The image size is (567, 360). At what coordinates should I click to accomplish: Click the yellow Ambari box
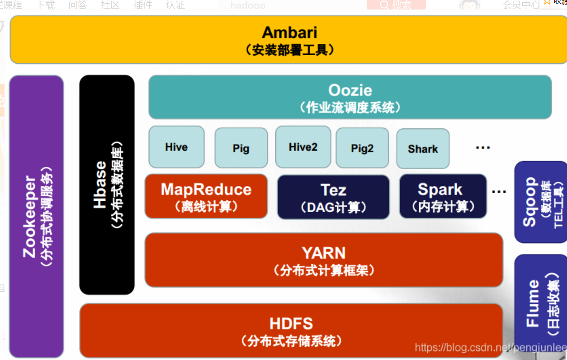289,40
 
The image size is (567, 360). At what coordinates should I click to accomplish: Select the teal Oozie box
350,97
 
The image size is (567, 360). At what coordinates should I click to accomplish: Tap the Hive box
176,147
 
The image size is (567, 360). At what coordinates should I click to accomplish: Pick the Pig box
241,148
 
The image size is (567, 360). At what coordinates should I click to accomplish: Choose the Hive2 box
303,147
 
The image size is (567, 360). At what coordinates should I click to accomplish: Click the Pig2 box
362,148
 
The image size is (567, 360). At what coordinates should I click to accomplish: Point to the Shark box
423,149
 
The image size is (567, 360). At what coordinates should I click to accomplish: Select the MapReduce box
206,196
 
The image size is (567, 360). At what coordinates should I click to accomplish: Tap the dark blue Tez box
333,197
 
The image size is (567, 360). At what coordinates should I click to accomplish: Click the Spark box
443,196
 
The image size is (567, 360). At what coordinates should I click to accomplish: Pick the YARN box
324,260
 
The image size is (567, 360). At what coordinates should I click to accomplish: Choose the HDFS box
291,331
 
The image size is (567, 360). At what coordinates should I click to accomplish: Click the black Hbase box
107,185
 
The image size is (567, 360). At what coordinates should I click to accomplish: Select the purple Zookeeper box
37,217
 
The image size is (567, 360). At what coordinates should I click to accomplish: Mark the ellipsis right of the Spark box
499,192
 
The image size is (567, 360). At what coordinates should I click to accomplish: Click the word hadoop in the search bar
248,5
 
